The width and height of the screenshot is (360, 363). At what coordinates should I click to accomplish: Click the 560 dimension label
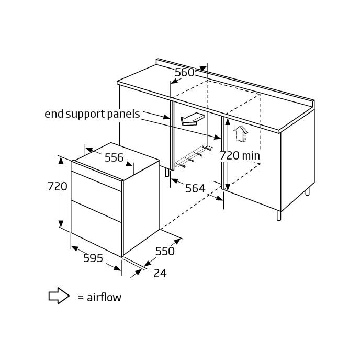(184, 73)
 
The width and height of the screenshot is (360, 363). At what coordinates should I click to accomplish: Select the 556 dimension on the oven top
(114, 158)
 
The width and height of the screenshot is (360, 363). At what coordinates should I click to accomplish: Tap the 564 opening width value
(195, 188)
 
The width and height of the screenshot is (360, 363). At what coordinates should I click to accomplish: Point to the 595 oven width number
(93, 258)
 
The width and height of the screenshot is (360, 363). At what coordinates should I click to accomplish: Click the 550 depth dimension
(165, 251)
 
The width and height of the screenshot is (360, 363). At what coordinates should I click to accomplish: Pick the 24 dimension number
(160, 274)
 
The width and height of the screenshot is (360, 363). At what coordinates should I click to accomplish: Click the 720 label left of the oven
(58, 186)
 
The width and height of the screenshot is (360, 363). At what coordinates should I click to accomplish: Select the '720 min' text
(240, 155)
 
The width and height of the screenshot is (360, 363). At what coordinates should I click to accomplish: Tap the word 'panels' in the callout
(123, 115)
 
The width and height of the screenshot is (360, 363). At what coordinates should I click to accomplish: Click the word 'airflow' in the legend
(104, 297)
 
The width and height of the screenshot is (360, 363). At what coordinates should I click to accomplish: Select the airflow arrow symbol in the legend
(59, 296)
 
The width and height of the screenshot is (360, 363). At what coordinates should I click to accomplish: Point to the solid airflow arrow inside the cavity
(192, 119)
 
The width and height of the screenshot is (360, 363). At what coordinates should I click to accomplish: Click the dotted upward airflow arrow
(241, 133)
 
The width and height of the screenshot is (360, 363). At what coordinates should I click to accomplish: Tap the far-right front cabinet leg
(279, 215)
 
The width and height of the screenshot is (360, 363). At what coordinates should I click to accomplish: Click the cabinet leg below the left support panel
(167, 173)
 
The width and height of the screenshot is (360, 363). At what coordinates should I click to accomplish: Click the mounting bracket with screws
(193, 156)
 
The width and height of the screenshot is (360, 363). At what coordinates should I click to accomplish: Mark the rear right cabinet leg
(308, 191)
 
